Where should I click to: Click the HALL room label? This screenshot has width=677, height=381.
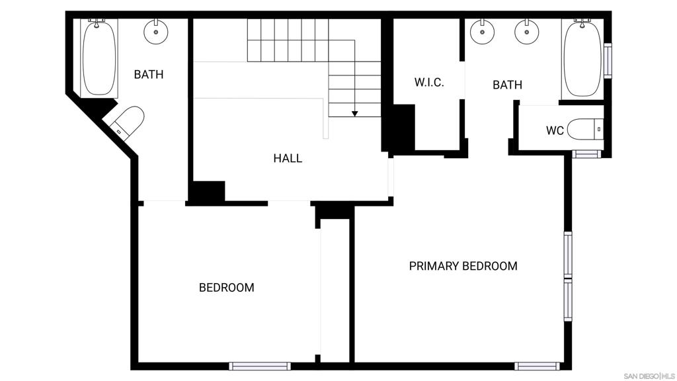[x=288, y=158]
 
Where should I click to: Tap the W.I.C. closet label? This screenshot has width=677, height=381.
[x=429, y=82]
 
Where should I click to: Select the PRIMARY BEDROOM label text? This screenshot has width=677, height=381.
[x=463, y=266]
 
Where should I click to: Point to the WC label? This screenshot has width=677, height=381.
[x=555, y=130]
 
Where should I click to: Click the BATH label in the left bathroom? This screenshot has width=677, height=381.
[x=149, y=74]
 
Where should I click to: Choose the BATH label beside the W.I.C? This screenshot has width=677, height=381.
[x=507, y=85]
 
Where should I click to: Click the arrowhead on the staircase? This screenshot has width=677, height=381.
[x=354, y=114]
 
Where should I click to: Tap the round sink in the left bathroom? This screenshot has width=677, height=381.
[x=155, y=32]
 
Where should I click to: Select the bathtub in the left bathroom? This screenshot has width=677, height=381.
[x=99, y=57]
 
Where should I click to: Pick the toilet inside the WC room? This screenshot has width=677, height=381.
[x=584, y=129]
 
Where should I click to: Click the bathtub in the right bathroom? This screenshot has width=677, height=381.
[x=582, y=58]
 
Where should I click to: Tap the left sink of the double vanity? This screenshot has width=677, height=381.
[x=482, y=32]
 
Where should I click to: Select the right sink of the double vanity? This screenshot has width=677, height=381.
[x=527, y=32]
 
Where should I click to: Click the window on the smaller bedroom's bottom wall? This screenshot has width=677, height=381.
[x=259, y=366]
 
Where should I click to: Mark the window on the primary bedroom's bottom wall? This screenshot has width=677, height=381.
[x=537, y=366]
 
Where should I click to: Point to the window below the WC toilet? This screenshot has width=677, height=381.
[x=586, y=153]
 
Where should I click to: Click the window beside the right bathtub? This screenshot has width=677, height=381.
[x=608, y=60]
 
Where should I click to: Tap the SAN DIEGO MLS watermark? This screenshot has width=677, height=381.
[x=649, y=376]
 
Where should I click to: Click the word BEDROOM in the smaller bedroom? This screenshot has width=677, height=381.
[x=227, y=287]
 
